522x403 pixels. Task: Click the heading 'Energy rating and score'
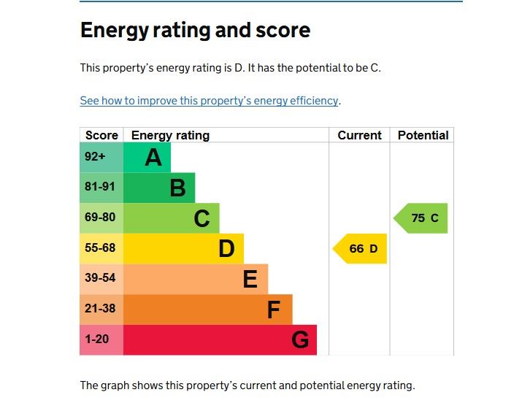point(195,31)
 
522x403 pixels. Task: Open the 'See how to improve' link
point(209,101)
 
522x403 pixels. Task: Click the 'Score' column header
point(101,135)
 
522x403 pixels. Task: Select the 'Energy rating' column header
point(170,135)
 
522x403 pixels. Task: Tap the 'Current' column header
point(359,135)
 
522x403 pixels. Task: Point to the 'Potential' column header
point(423,135)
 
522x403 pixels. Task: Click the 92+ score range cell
point(96,156)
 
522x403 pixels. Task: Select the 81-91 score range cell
point(100,187)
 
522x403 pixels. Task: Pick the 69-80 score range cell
point(100,218)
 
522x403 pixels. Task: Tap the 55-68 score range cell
point(100,248)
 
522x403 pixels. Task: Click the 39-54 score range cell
point(100,278)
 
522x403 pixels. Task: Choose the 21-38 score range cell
point(100,309)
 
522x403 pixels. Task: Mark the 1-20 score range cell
point(98,339)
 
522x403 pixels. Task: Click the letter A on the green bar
point(153,157)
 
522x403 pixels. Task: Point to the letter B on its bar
point(177,188)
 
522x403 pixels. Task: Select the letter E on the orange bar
point(250,279)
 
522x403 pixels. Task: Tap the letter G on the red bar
point(299,340)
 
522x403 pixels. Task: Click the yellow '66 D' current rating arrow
point(361,249)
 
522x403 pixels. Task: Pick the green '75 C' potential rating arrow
point(422,218)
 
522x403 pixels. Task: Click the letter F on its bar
point(274,310)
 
